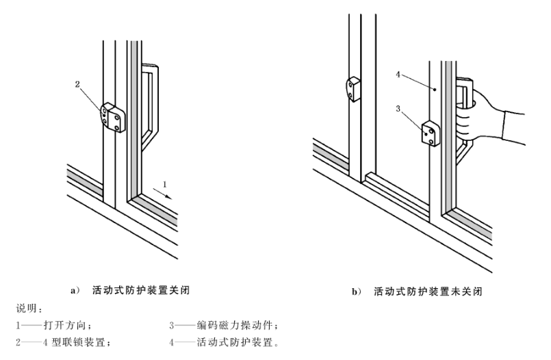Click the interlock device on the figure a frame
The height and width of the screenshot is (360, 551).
coord(112,119)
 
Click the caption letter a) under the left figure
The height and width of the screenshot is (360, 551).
coord(76,290)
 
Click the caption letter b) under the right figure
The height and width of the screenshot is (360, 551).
coord(356,292)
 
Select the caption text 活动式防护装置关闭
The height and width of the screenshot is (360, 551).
coord(140,290)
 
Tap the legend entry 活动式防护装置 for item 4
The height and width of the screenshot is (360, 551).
coord(239,341)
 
